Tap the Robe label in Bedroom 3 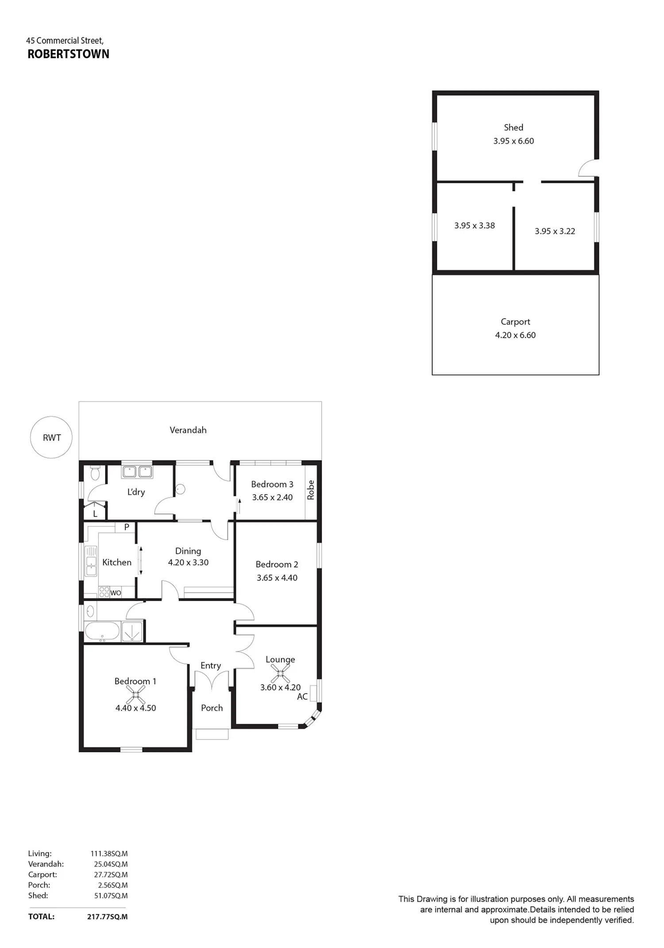coord(311,490)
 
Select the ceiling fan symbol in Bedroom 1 coord(135,695)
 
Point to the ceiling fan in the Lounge coord(280,673)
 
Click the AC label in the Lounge coord(302,696)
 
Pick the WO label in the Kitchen coord(116,593)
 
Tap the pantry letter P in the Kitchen coord(127,527)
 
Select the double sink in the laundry coord(137,472)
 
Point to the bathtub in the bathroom coord(102,631)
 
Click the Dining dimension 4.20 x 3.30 coord(188,562)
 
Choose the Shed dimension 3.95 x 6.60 coord(513,141)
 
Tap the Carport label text coord(515,322)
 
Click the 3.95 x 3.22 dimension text coord(555,231)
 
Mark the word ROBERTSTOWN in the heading coord(69,54)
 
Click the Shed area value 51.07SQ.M coord(111,895)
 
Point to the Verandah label coord(188,430)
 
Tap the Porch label coord(212,708)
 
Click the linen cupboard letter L coord(95,514)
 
